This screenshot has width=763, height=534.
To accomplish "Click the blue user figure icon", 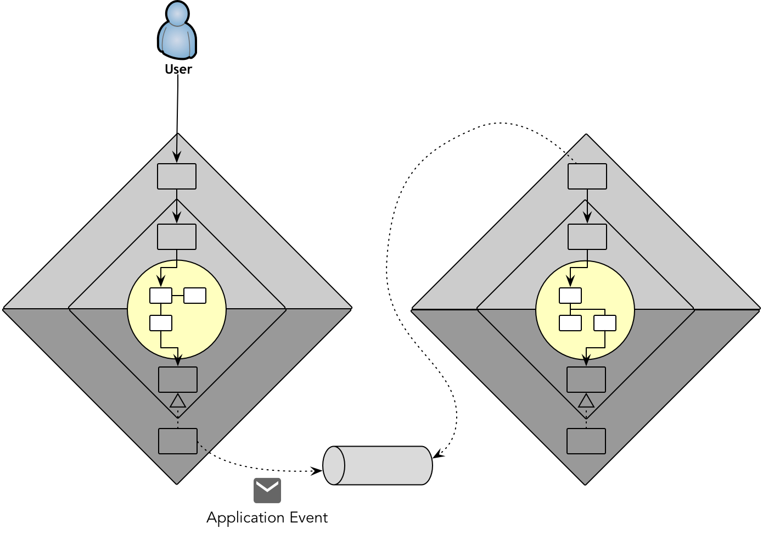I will pos(177,31).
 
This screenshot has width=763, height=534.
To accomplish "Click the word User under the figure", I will pos(178,70).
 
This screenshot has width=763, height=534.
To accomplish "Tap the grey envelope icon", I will pos(267,490).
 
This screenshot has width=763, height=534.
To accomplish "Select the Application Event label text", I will pos(267,518).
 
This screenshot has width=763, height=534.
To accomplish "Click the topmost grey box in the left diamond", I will pos(177,176).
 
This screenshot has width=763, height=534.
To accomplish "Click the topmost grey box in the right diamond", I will pos(587,176).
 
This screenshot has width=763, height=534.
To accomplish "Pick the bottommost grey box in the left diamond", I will pos(178,441).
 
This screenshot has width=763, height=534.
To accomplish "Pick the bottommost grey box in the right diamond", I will pos(586,441).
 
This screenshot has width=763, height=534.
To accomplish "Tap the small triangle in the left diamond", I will pos(178,401).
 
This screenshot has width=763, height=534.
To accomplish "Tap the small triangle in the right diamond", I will pos(586,401).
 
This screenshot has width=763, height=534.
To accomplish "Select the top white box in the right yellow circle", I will pos(570,296).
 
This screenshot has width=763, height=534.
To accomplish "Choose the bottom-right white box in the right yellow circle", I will pos(605,323).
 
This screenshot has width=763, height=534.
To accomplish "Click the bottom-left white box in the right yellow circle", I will pos(570,323).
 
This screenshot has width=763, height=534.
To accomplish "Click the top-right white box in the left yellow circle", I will pos(195,296).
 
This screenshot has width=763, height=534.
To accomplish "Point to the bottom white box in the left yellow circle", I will pos(161,323).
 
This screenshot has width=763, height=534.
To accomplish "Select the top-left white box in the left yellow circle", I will pos(161,296).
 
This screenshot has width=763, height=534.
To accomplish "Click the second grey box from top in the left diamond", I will pos(177,237).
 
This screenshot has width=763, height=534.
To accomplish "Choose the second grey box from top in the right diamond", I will pos(587,237).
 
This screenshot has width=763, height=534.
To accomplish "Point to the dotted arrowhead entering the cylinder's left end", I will pos(318,471).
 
